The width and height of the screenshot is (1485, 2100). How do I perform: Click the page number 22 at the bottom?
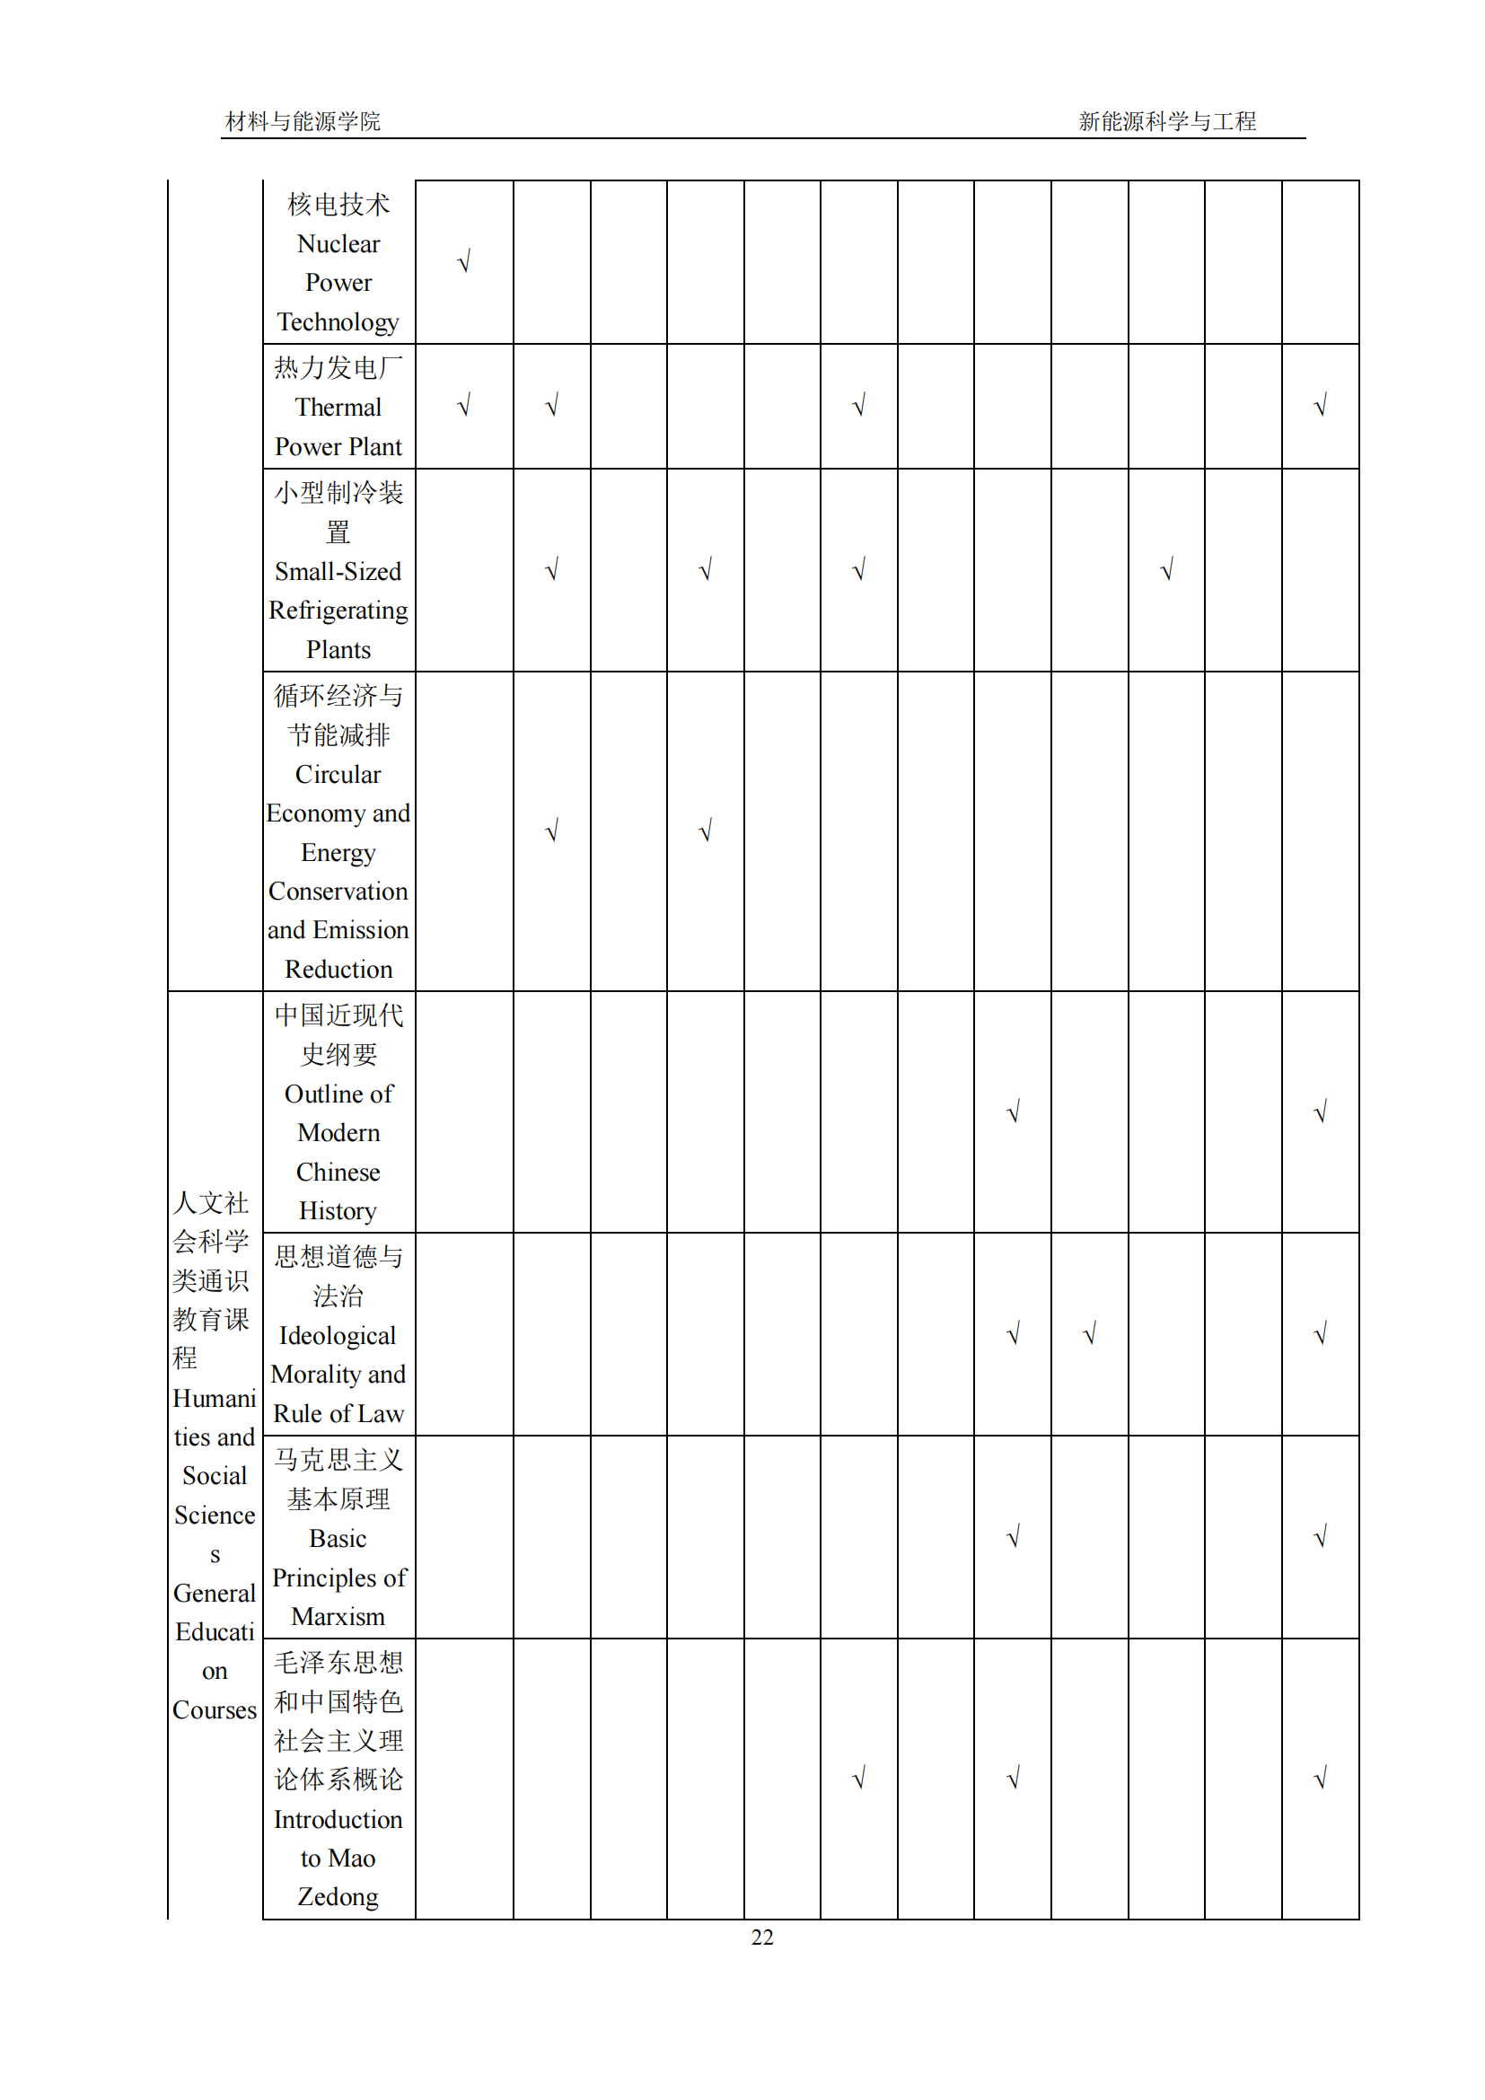click(x=761, y=1937)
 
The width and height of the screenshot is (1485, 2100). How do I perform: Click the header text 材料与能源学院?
click(x=303, y=121)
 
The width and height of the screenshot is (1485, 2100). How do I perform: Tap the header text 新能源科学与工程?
click(x=1167, y=121)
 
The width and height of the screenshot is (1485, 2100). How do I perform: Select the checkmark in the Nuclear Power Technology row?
click(x=463, y=262)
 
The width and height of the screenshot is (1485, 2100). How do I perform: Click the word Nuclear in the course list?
click(x=338, y=244)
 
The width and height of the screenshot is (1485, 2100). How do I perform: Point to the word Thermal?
click(x=338, y=407)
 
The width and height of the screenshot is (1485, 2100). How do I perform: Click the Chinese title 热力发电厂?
click(x=338, y=368)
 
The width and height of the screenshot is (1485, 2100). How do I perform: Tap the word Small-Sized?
click(x=338, y=572)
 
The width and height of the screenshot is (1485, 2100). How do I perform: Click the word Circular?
click(x=338, y=775)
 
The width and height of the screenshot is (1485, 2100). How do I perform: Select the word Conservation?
click(x=338, y=891)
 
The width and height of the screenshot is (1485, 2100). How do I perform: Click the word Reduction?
click(x=338, y=969)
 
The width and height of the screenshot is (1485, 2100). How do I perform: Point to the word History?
click(x=338, y=1211)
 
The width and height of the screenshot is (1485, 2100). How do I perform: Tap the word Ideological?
click(x=338, y=1335)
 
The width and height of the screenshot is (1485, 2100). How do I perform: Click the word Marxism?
click(x=338, y=1616)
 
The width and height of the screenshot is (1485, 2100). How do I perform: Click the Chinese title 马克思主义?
click(x=338, y=1460)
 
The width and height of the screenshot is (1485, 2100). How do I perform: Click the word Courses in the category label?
click(x=215, y=1709)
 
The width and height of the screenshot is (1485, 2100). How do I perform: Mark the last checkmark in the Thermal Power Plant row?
click(x=1320, y=405)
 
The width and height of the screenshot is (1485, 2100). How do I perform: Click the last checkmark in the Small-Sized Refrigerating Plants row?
click(x=1166, y=571)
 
